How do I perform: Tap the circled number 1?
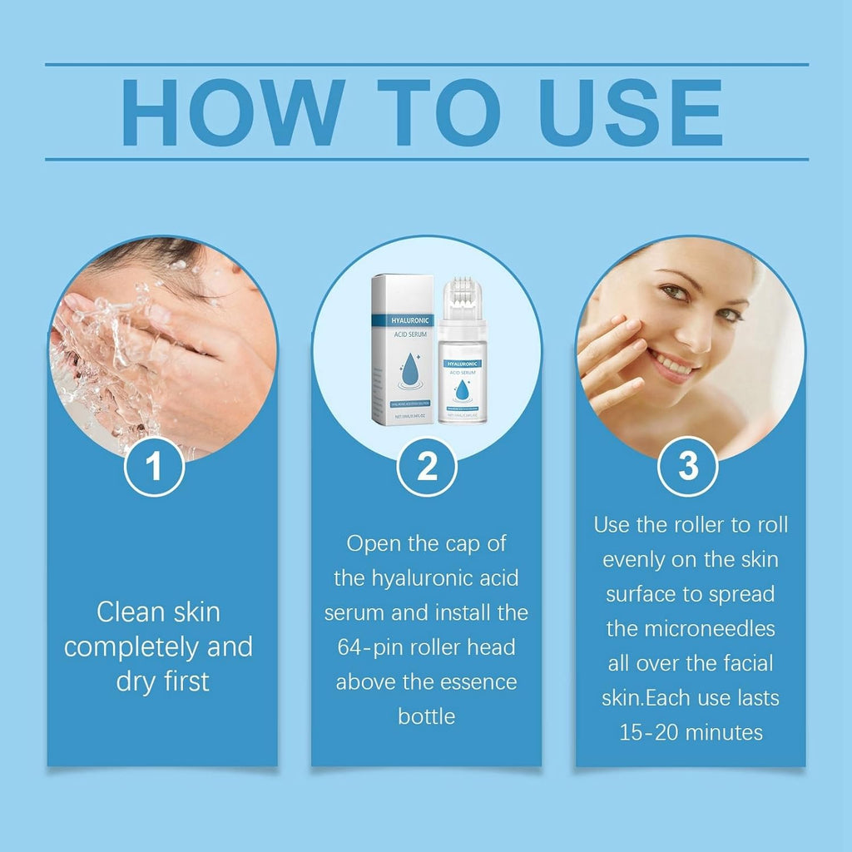(x=154, y=468)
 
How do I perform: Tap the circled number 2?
(x=426, y=468)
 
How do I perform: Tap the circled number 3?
(x=688, y=468)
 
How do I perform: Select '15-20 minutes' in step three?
(x=691, y=732)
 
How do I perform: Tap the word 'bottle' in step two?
(x=426, y=716)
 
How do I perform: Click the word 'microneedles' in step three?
(x=691, y=628)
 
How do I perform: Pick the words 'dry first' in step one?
(x=162, y=681)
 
